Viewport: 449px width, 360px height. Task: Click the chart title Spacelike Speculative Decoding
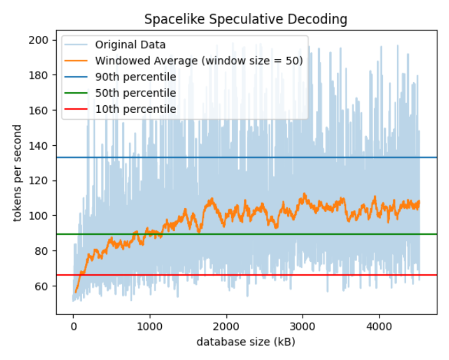pos(246,20)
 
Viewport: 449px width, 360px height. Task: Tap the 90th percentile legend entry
pos(135,77)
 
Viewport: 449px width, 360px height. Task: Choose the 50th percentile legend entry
pos(135,93)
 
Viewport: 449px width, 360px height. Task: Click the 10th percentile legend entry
pos(135,109)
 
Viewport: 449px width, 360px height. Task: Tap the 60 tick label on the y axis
pos(44,286)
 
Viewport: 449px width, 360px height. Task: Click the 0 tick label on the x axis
pos(73,325)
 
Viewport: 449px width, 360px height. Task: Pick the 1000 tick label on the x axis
pos(149,325)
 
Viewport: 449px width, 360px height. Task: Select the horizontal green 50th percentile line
pos(427,234)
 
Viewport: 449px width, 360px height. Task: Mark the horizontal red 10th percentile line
pos(427,275)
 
